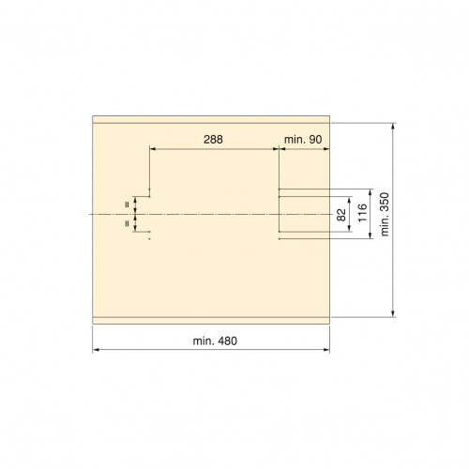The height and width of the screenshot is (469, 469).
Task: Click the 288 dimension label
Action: [x=213, y=140]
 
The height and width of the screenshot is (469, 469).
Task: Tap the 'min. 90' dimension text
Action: [x=303, y=140]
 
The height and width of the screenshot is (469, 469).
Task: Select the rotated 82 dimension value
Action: [x=341, y=215]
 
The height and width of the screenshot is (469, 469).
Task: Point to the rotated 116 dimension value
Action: [x=362, y=213]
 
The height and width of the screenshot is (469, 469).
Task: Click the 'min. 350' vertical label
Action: [x=385, y=214]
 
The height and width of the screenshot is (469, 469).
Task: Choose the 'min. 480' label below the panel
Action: [x=215, y=340]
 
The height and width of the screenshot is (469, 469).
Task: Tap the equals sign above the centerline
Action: [x=127, y=205]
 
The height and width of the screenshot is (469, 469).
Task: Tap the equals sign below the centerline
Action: [x=127, y=223]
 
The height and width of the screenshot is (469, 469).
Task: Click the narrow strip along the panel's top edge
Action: [x=211, y=119]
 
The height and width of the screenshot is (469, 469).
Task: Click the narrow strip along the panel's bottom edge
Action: [x=211, y=321]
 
